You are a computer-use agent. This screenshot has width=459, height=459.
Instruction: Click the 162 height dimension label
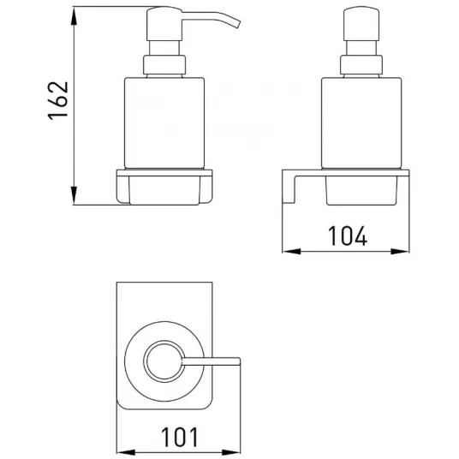click(x=57, y=101)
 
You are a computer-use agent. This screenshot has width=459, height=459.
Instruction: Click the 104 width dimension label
click(x=348, y=236)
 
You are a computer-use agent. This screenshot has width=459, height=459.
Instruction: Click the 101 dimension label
click(x=180, y=437)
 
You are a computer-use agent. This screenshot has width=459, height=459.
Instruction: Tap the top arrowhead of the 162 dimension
click(x=74, y=16)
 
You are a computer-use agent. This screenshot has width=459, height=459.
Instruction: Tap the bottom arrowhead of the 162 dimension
click(x=74, y=195)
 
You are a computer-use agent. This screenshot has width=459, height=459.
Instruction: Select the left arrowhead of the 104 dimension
click(x=292, y=251)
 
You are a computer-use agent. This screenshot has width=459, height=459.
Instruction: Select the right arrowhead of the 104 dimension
click(x=400, y=251)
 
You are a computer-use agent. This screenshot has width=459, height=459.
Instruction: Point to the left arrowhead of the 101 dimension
click(x=126, y=452)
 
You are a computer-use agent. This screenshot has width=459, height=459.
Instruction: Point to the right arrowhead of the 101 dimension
click(x=231, y=452)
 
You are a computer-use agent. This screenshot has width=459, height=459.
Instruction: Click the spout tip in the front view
click(x=237, y=24)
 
